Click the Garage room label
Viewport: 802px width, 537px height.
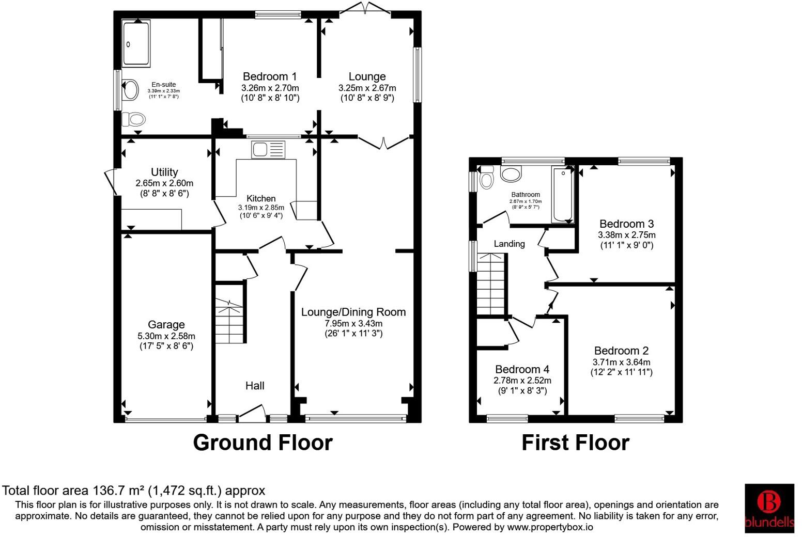point(166,325)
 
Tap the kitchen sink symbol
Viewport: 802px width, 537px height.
point(268,149)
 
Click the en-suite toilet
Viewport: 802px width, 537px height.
point(133,120)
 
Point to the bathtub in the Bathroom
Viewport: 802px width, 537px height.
point(562,194)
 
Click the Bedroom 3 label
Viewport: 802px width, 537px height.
point(626,224)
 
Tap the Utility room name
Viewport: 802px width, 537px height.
point(164,172)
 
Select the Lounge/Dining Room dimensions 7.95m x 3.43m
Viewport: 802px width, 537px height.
point(353,323)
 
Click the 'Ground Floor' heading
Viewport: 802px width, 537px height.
point(263,443)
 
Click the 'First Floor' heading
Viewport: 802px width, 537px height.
point(575,443)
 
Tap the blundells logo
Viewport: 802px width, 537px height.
point(769,508)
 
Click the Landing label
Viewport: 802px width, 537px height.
point(509,244)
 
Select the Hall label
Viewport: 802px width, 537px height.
point(255,386)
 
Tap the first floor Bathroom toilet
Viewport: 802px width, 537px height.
point(486,178)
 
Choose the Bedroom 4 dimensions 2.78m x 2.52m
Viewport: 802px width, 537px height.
point(522,381)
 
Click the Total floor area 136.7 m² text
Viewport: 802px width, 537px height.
point(134,490)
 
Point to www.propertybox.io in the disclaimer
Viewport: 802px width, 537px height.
point(549,527)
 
